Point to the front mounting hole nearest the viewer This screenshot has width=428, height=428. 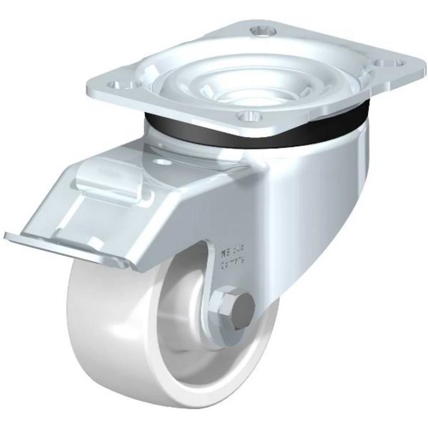point(247,116)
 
